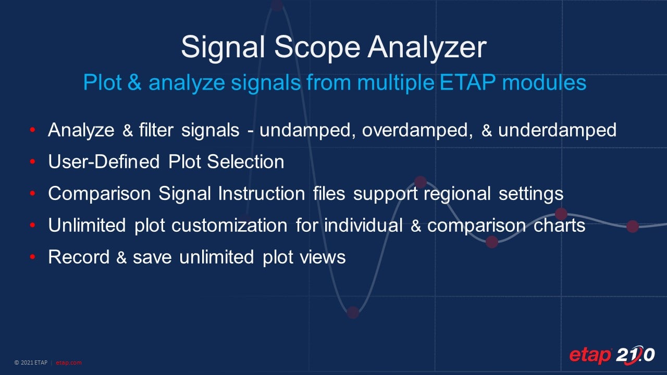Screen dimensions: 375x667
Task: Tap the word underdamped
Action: pyautogui.click(x=557, y=130)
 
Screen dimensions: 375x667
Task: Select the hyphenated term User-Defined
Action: pyautogui.click(x=104, y=162)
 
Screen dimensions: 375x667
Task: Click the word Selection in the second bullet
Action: pyautogui.click(x=245, y=162)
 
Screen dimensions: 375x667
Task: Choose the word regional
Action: pyautogui.click(x=458, y=194)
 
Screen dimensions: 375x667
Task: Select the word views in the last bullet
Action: pyautogui.click(x=325, y=257)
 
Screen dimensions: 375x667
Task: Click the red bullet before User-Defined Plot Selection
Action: pyautogui.click(x=33, y=162)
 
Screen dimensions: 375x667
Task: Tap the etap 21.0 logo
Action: pyautogui.click(x=611, y=355)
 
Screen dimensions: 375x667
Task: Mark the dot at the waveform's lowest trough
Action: pyautogui.click(x=353, y=312)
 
